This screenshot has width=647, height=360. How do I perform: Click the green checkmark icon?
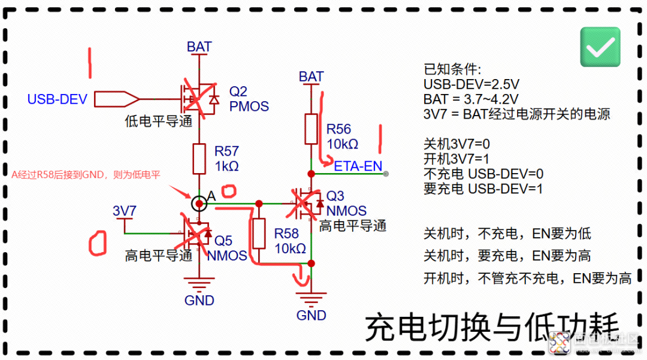(600, 47)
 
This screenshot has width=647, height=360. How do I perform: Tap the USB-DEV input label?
(58, 99)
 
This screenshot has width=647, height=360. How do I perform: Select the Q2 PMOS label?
(249, 99)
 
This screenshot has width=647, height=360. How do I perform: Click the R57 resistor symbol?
(199, 158)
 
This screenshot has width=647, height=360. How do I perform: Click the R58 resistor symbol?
(259, 234)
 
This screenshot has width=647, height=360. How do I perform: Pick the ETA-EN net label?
(358, 166)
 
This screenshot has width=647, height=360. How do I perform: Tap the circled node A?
(199, 204)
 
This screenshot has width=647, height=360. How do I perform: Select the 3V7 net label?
(125, 211)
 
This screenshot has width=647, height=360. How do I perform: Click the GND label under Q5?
(199, 300)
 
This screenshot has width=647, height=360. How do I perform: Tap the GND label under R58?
(312, 315)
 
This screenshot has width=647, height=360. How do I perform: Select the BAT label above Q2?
(199, 47)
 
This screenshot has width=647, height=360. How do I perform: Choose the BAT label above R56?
(311, 77)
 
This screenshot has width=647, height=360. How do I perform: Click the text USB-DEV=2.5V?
(471, 84)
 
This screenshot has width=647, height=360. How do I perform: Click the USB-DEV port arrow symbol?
(117, 99)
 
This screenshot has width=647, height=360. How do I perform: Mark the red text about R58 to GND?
(87, 174)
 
